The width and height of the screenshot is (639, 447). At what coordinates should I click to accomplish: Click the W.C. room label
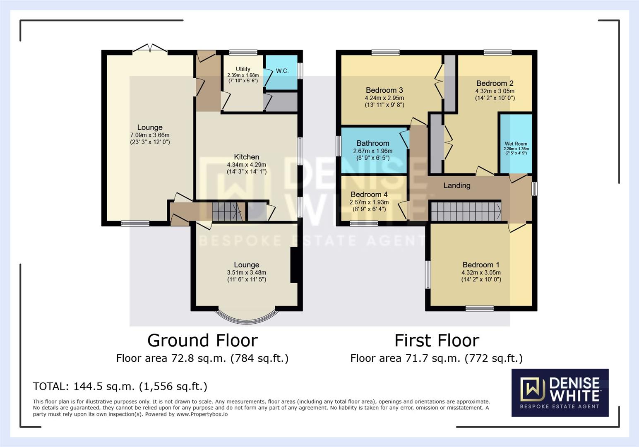[x=282, y=71]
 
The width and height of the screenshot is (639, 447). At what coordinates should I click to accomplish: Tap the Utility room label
[x=243, y=69]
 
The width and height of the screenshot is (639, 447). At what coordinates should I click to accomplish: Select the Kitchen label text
[x=247, y=157]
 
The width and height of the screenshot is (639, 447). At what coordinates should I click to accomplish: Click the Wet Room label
[x=516, y=144]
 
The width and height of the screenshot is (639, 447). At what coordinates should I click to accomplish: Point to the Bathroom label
[x=372, y=143]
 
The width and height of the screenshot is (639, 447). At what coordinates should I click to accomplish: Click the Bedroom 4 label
[x=369, y=195]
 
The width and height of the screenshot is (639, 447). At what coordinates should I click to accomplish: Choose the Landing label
[x=457, y=185]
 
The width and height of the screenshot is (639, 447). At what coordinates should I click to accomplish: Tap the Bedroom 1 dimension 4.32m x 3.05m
[x=481, y=273]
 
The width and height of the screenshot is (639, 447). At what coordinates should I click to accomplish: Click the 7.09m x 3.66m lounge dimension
[x=150, y=135]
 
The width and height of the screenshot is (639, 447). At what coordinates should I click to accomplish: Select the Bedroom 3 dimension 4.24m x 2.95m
[x=384, y=98]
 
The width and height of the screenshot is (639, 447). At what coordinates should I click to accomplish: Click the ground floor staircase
[x=227, y=211]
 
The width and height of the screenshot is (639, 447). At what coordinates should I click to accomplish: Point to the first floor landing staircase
[x=466, y=211]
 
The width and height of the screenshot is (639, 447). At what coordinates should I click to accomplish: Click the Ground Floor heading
[x=202, y=341]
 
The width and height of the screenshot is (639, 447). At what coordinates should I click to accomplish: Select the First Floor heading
[x=437, y=341]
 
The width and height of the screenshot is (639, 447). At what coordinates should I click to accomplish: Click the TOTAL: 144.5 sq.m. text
[x=120, y=387]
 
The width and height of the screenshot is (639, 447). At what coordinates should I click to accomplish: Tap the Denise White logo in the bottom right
[x=560, y=392]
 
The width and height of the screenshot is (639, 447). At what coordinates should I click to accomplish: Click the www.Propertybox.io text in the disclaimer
[x=202, y=414]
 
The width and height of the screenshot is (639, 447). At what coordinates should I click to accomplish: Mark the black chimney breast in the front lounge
[x=294, y=265]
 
